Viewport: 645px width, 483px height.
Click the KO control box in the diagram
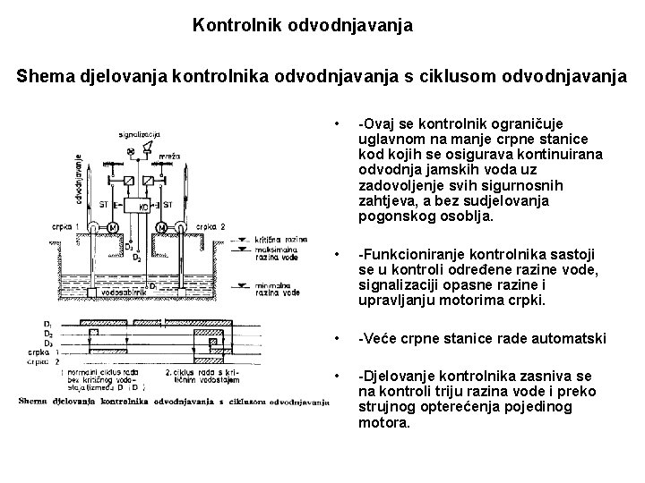pyautogui.click(x=144, y=207)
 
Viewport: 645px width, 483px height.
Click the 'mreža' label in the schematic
pyautogui.click(x=173, y=157)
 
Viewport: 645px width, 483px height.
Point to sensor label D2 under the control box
pyautogui.click(x=137, y=257)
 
